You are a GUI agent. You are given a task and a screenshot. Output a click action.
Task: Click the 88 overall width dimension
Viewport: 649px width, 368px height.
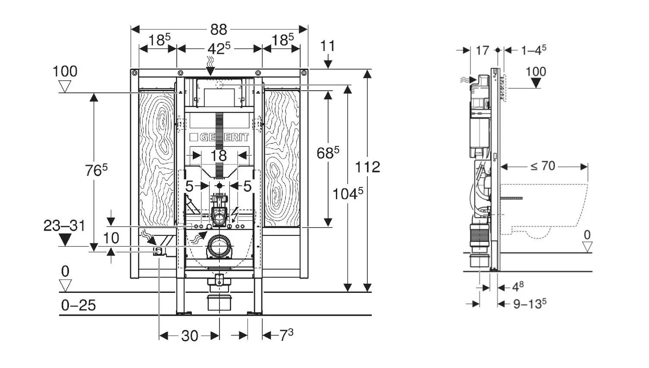coord(219,29)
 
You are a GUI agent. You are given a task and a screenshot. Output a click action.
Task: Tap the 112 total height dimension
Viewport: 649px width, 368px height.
coord(367,167)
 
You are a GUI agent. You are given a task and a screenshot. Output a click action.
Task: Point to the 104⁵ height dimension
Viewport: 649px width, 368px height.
coord(348,194)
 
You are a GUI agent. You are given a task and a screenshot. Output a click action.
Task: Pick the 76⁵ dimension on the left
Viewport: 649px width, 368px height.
coord(96,170)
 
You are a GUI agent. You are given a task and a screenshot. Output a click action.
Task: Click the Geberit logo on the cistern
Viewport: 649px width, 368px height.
coord(219,137)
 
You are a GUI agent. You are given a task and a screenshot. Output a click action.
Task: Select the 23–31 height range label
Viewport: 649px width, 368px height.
coord(65,226)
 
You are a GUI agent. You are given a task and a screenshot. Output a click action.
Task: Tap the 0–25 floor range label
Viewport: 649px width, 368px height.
coord(78,305)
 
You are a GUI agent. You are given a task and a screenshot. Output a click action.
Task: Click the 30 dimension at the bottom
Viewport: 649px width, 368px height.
coord(189,336)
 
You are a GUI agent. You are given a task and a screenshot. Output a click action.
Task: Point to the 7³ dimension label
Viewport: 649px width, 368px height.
coord(286,335)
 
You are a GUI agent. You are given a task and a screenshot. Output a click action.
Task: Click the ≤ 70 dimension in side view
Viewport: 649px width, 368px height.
coord(542,166)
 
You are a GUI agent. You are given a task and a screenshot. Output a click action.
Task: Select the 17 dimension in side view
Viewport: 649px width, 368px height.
coord(482,51)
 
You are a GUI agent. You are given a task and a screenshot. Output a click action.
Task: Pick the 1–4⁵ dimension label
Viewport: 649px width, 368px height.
coord(533,50)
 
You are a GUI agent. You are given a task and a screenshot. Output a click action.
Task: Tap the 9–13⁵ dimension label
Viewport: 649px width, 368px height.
coord(530,304)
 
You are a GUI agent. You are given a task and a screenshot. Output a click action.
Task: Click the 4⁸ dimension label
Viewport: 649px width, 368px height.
coord(517,287)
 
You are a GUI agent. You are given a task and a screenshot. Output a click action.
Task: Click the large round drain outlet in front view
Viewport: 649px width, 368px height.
coord(220,246)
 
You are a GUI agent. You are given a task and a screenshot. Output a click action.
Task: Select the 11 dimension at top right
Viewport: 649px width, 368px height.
coord(328,46)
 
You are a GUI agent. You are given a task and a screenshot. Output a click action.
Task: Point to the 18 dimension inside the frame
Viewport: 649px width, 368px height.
coord(219,155)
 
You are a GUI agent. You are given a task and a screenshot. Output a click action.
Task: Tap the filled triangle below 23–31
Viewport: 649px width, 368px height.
coord(65,239)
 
